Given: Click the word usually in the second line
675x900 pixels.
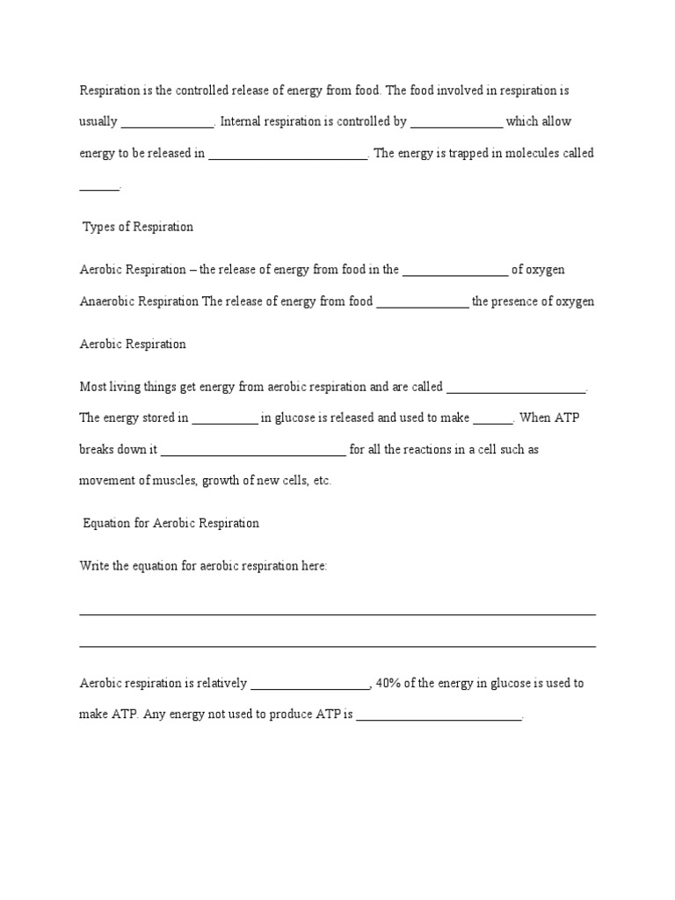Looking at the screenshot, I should (x=98, y=121).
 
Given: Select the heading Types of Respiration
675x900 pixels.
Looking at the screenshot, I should (x=138, y=227).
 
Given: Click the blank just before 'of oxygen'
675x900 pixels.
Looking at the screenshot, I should (x=455, y=272).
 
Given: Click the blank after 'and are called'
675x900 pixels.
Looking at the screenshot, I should (x=517, y=389).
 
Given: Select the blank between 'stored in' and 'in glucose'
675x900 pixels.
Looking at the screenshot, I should (x=225, y=420).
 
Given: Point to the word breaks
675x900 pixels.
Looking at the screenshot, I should (x=97, y=449).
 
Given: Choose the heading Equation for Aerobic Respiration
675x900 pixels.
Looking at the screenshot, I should (x=171, y=523).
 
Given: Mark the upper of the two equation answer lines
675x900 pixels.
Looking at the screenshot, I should (x=337, y=613).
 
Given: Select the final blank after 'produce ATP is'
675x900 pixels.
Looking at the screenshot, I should (x=439, y=717).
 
